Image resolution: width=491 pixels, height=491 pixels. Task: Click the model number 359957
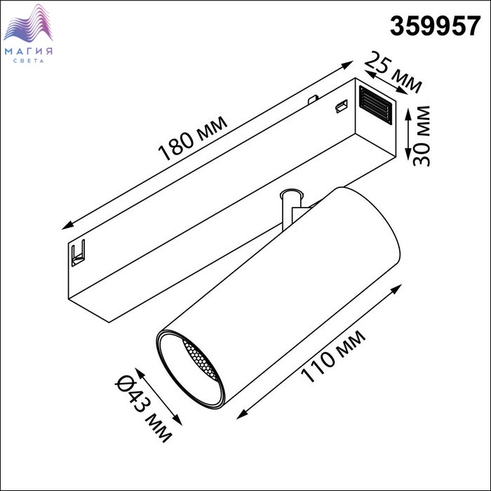point(435,26)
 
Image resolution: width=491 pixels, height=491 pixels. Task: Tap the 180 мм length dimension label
point(193,138)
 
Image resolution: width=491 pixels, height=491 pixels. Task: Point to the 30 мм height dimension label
point(422,135)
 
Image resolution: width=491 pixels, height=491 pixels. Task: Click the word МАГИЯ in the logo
point(29,51)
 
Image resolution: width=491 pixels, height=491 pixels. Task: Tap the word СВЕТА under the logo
point(29,61)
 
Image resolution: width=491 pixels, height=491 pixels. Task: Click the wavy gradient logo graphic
point(28,23)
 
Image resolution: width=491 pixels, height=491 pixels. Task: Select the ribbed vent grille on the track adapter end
point(375,105)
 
